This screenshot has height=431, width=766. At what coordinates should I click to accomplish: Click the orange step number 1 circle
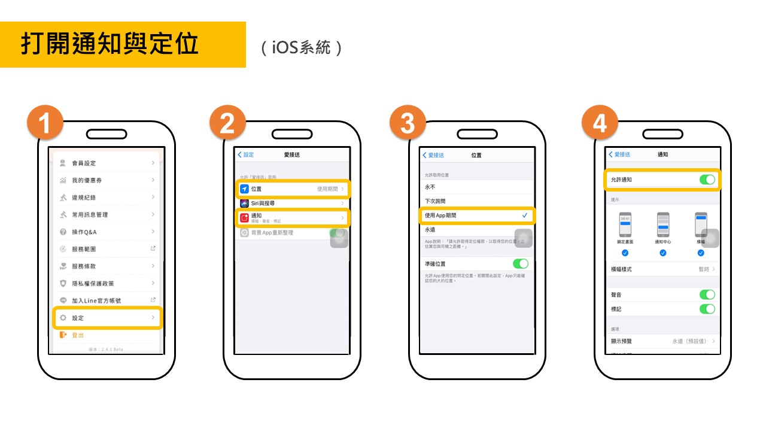[44, 125]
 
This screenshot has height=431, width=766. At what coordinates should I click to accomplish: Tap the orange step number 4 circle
[600, 125]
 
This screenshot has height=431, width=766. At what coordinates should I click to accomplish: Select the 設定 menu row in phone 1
[108, 318]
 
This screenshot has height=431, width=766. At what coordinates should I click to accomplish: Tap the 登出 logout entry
[78, 335]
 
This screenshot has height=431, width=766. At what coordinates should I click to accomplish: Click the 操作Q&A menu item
[108, 232]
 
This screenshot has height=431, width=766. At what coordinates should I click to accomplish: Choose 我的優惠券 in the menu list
[108, 180]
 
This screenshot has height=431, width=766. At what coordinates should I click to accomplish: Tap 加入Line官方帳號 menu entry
[108, 301]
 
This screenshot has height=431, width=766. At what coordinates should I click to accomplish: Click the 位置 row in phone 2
[293, 189]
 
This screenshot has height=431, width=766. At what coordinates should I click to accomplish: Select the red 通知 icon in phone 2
[244, 218]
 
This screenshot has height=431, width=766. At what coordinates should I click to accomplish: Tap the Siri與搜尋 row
[293, 204]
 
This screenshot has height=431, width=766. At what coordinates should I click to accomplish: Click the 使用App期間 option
[476, 215]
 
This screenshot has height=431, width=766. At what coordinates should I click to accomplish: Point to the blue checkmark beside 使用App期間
[525, 215]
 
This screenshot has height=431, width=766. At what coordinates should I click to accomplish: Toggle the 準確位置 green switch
[521, 263]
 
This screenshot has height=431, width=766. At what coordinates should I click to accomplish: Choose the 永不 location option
[476, 187]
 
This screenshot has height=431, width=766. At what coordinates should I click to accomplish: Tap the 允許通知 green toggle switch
[707, 180]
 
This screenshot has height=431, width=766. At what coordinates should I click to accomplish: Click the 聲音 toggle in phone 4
[707, 295]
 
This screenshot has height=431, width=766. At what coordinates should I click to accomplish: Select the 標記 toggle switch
[707, 309]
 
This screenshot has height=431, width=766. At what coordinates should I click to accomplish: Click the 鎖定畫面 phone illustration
[625, 225]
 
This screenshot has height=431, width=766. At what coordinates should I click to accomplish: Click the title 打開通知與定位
[110, 44]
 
